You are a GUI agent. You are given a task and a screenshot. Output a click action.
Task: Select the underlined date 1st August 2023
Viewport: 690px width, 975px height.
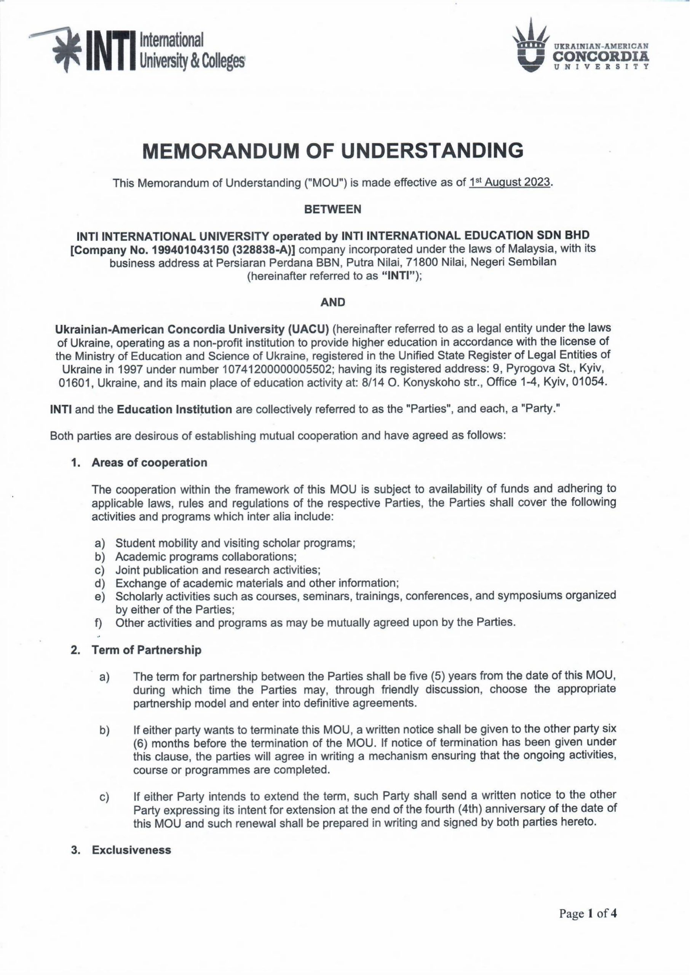511,183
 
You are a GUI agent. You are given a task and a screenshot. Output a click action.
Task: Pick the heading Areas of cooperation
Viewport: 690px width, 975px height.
149,463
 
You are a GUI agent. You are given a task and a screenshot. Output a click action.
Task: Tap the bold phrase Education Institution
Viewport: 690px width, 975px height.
175,409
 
